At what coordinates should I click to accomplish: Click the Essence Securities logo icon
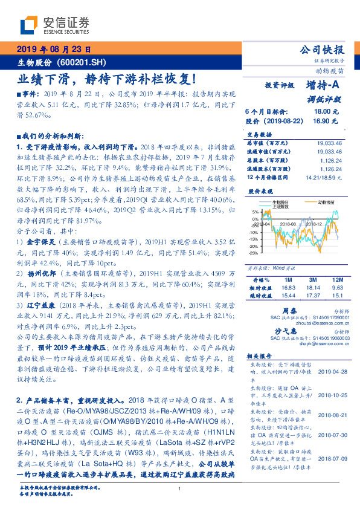(x=30, y=24)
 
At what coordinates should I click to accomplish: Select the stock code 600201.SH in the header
(x=83, y=63)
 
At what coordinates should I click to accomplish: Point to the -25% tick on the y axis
(x=254, y=253)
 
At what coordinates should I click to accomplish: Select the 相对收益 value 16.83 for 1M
(x=289, y=288)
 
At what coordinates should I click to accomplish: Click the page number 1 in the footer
(x=180, y=498)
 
